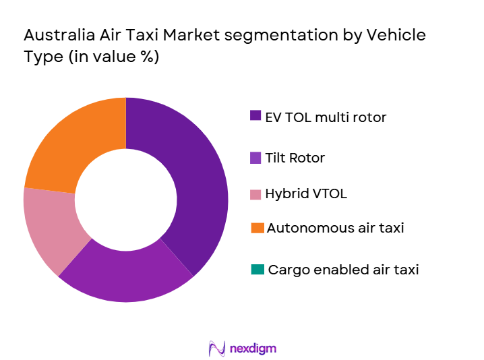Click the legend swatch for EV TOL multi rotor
255,116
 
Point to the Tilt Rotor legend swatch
255,158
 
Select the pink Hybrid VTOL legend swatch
255,194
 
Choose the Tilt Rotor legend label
296,158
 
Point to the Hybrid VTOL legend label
307,194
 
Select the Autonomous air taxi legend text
335,228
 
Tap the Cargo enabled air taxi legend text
343,270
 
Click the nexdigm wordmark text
252,349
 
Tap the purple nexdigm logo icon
217,348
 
